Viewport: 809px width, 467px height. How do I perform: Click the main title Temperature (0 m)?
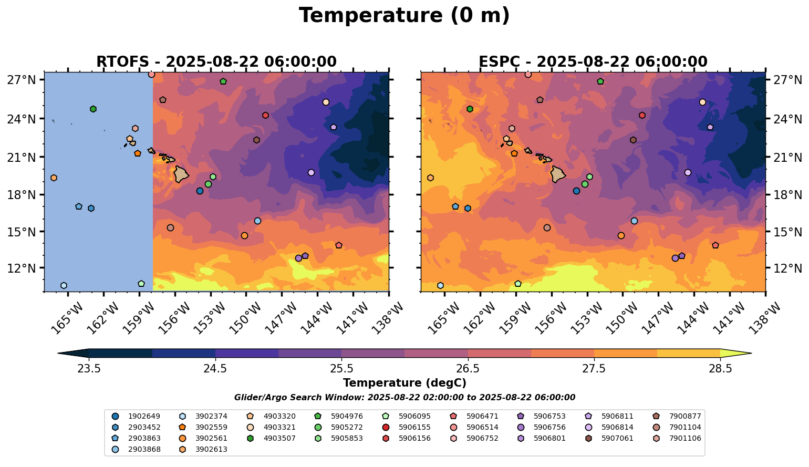click(x=404, y=16)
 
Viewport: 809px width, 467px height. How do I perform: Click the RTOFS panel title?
click(x=216, y=61)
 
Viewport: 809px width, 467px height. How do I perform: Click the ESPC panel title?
click(x=593, y=61)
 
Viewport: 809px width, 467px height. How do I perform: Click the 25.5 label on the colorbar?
click(x=341, y=368)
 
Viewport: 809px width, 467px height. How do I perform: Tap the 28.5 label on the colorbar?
click(x=720, y=368)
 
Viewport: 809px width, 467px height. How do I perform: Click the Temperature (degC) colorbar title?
click(x=404, y=383)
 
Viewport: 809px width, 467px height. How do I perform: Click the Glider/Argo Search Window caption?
click(x=404, y=398)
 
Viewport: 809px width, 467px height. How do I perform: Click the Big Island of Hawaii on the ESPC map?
click(x=559, y=174)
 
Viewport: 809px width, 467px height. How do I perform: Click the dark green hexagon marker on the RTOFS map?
click(x=93, y=109)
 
